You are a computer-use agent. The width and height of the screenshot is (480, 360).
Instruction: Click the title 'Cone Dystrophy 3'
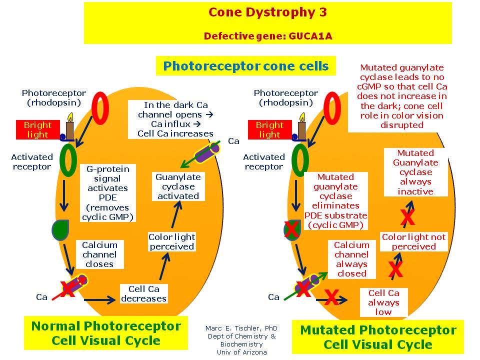point(267,12)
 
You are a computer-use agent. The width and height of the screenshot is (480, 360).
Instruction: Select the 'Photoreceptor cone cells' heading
point(246,66)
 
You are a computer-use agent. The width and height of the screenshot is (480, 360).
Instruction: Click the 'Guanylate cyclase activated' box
point(178,186)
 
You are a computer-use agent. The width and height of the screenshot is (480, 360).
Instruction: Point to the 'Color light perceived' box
point(171,242)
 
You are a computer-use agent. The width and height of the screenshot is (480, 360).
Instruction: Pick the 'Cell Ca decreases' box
point(143,294)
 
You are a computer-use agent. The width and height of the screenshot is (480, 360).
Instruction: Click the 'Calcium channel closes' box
point(99,254)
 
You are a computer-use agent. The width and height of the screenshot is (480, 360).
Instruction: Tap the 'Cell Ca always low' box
point(383,302)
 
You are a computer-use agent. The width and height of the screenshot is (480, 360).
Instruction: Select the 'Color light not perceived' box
point(413,242)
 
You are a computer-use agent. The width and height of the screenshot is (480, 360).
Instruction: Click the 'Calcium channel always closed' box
point(351,259)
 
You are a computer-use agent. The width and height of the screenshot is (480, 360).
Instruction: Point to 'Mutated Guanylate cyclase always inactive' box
point(415,172)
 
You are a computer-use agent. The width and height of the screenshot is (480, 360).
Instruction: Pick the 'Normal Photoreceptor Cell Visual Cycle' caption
point(106,333)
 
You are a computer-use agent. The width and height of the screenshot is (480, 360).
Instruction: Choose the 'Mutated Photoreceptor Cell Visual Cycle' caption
point(378,337)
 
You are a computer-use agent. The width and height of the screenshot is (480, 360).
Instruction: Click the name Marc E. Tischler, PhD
point(241,328)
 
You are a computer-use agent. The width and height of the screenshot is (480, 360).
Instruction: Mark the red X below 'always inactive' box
point(408,217)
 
